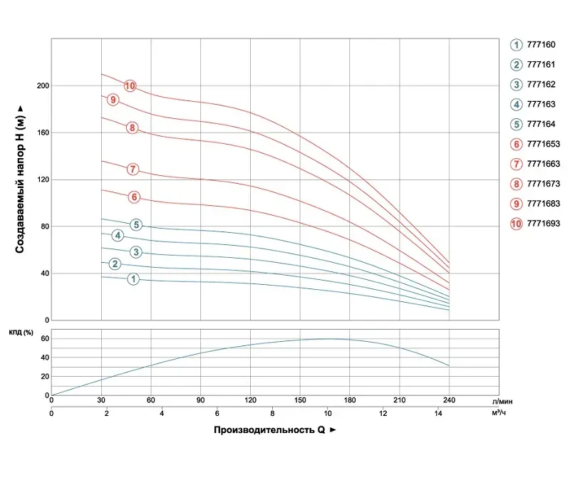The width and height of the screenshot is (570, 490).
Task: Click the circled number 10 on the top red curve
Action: click(130, 86)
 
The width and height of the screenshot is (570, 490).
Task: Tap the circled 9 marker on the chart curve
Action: click(113, 100)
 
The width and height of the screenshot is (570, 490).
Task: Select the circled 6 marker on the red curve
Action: click(134, 197)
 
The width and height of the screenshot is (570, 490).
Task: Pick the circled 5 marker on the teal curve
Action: click(136, 225)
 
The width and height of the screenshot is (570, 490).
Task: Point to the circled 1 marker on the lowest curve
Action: click(133, 279)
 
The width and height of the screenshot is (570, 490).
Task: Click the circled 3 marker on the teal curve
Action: click(136, 252)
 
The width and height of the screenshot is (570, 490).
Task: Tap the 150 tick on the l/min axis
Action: click(300, 401)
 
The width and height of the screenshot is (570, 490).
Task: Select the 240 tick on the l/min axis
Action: click(449, 401)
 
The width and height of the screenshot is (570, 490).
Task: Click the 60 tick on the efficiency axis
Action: click(43, 338)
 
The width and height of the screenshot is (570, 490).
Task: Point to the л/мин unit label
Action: click(502, 402)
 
